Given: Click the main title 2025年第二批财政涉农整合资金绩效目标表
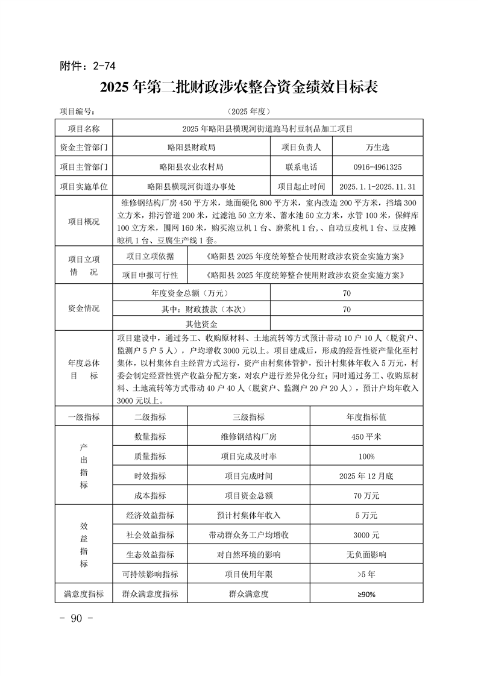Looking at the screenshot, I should click(239, 86).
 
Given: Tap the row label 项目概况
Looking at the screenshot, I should click(84, 222).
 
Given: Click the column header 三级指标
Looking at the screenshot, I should click(248, 417).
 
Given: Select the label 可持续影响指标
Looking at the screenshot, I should click(150, 574).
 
